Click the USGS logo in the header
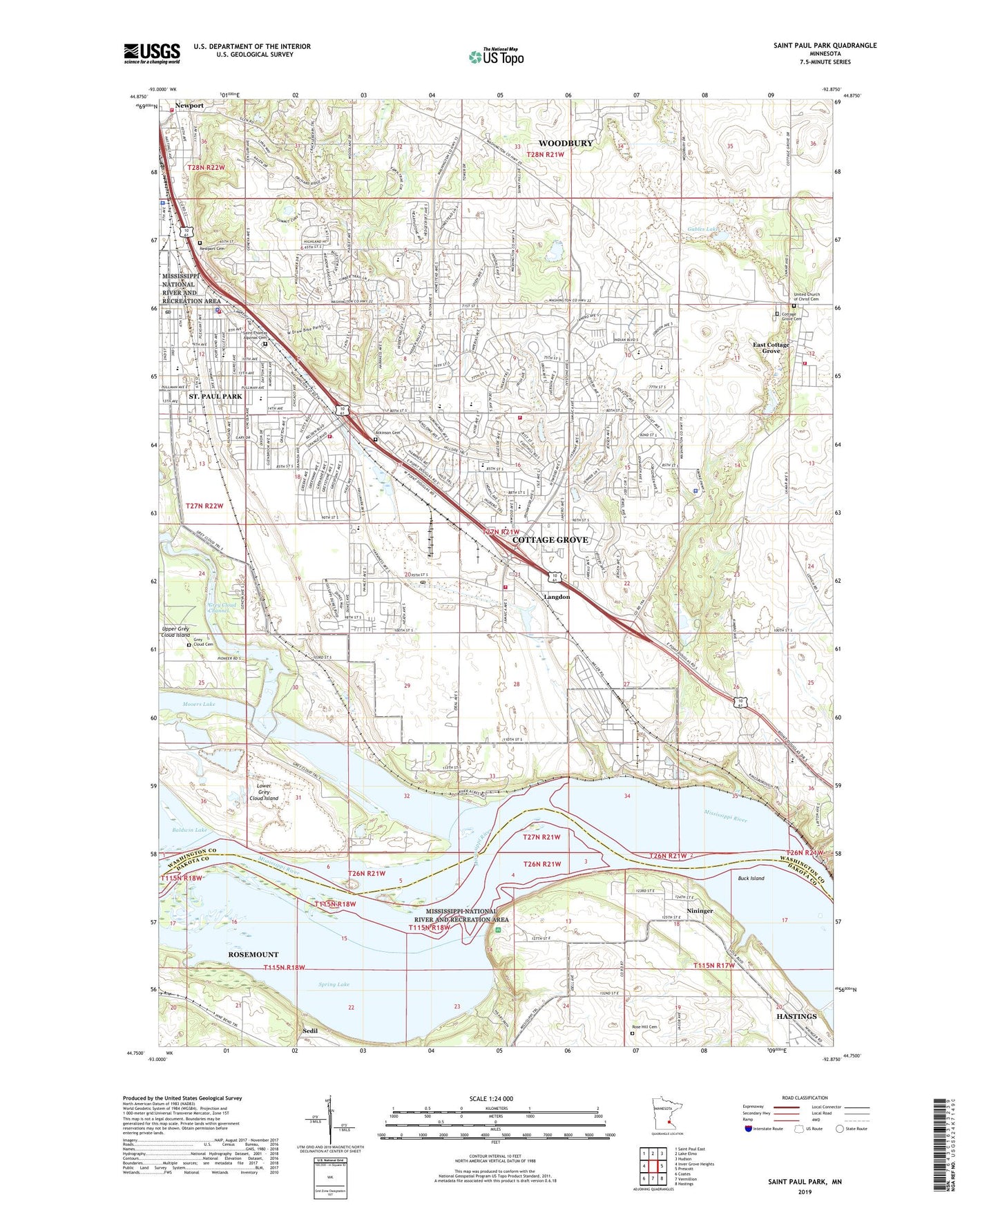152,52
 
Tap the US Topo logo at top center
495,57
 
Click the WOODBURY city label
566,143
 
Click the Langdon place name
557,596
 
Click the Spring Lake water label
334,984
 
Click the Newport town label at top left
189,106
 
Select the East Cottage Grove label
771,347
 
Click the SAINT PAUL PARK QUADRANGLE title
825,46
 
